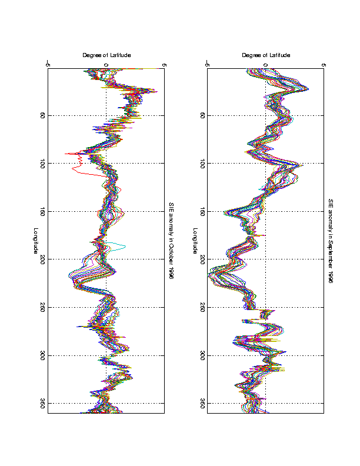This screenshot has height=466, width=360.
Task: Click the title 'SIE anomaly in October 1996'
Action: [171, 241]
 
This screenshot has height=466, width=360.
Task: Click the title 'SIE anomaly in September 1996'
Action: [331, 241]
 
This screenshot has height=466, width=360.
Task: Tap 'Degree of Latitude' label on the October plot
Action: [106, 55]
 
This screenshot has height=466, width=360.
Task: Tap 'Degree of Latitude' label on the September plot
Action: [265, 55]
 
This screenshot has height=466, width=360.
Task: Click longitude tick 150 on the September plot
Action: [201, 212]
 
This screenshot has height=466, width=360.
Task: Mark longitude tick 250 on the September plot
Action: [201, 308]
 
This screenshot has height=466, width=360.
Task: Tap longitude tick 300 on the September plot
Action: [201, 356]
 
